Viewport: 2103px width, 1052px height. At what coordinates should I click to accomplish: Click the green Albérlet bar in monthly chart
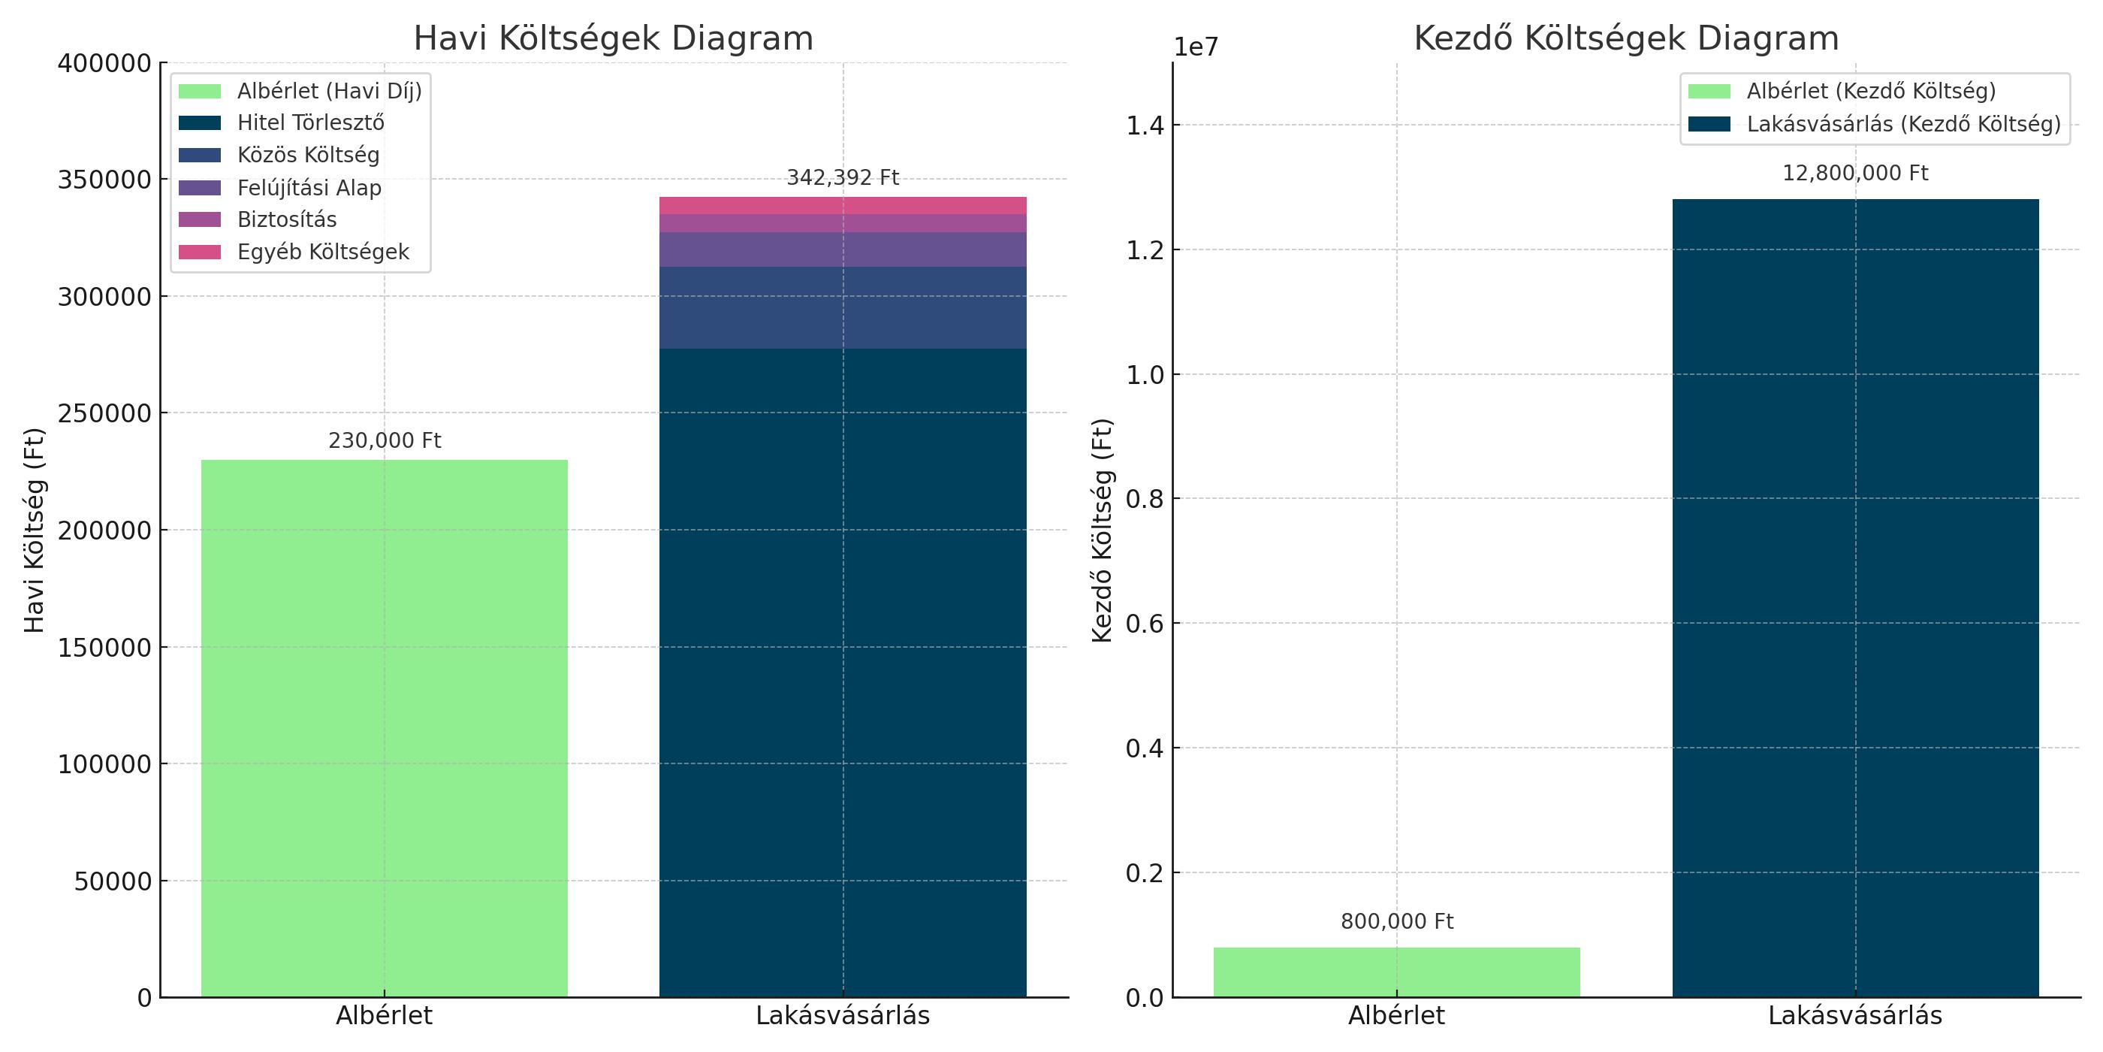[x=384, y=727]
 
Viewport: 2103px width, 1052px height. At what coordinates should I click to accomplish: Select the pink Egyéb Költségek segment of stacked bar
[x=843, y=205]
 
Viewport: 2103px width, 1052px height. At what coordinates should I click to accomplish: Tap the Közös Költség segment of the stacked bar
[x=843, y=307]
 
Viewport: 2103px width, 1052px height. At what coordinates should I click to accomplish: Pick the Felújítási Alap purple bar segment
[x=843, y=249]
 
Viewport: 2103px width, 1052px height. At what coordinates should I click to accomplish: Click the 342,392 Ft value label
[x=843, y=177]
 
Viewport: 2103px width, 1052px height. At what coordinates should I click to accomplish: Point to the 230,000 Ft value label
[x=384, y=440]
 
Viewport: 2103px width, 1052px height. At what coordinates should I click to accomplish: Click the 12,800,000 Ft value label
[x=1855, y=173]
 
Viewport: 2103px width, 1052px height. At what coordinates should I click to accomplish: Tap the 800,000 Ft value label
[x=1396, y=921]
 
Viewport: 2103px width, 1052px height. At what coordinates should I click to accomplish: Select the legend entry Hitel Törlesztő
[x=310, y=122]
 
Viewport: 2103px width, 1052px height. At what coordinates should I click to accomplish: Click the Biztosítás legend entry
[x=287, y=219]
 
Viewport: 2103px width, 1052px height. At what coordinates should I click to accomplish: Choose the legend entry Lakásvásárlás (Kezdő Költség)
[x=1903, y=124]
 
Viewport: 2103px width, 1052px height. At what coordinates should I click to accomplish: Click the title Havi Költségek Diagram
[x=613, y=38]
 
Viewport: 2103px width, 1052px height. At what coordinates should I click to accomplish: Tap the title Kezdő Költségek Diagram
[x=1626, y=38]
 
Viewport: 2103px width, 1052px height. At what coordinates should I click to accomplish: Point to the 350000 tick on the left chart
[x=104, y=180]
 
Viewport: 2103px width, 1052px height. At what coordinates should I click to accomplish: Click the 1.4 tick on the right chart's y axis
[x=1145, y=125]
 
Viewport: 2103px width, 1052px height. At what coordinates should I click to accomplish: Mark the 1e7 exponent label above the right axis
[x=1195, y=47]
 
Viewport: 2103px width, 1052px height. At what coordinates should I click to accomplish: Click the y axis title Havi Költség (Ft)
[x=35, y=529]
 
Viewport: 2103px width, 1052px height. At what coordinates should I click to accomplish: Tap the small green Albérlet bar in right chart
[x=1396, y=972]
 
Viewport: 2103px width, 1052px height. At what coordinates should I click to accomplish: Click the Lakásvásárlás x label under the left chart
[x=843, y=1015]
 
